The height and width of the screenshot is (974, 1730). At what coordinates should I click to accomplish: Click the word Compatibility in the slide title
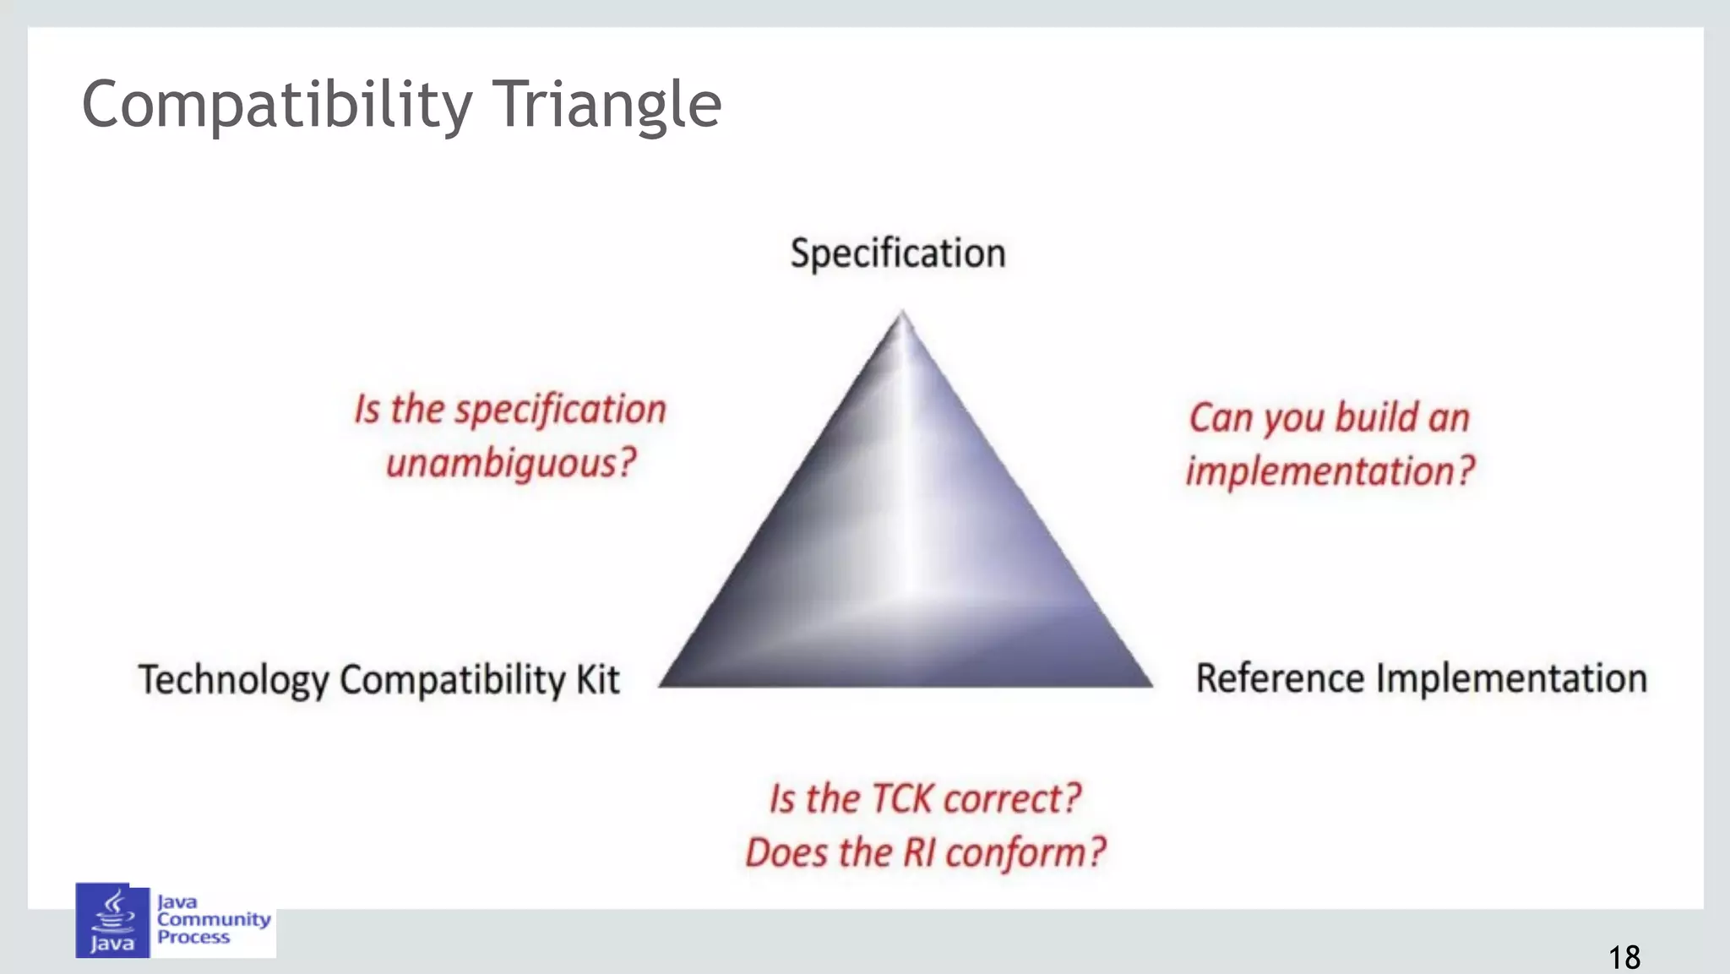coord(276,105)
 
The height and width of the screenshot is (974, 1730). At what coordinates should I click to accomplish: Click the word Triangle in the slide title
coord(606,105)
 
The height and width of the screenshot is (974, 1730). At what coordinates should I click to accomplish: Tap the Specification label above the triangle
coord(898,253)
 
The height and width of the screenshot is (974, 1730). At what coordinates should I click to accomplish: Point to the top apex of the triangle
coord(902,314)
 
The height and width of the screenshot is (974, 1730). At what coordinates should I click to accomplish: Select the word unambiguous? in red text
coord(511,463)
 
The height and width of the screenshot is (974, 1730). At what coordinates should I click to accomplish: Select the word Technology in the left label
coord(234,680)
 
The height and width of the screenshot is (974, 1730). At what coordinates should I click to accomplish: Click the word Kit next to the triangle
coord(598,679)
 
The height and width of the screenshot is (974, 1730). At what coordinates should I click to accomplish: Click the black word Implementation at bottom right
coord(1512,678)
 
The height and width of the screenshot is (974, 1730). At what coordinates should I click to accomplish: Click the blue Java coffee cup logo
coord(112,920)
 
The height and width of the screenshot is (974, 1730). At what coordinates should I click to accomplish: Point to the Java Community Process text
coord(213,919)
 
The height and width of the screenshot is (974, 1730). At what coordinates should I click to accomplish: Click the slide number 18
coord(1624,957)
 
